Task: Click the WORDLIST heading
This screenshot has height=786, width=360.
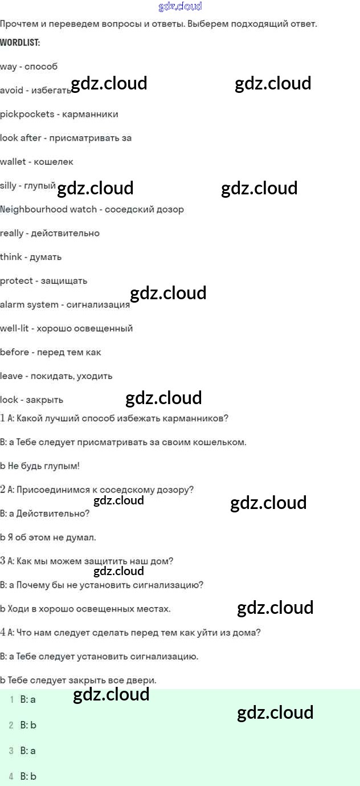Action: [x=20, y=43]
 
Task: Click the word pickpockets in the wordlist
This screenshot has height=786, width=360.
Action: [x=27, y=114]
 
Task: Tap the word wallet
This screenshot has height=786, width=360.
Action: [x=13, y=162]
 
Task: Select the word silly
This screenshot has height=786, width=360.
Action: [x=8, y=185]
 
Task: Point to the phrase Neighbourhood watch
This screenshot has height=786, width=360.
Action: [x=48, y=209]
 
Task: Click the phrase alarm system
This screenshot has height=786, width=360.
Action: [x=29, y=304]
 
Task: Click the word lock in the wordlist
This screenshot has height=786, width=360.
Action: [x=9, y=400]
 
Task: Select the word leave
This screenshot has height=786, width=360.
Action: [x=11, y=376]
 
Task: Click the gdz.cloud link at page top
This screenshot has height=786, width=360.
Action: [x=180, y=6]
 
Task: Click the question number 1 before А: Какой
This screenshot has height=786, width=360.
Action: [x=3, y=418]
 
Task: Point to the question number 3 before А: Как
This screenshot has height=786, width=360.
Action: [x=3, y=561]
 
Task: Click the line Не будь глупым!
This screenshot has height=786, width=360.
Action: [x=43, y=466]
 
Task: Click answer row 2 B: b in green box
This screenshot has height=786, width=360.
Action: [x=28, y=725]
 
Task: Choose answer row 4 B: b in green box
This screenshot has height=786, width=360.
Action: [x=28, y=776]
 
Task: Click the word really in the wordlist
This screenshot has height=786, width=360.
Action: [x=12, y=233]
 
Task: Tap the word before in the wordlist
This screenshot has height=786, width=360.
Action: [x=14, y=352]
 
